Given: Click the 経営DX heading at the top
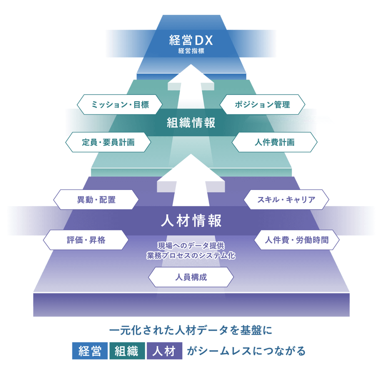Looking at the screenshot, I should click(191, 40).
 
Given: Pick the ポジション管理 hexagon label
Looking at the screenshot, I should click(262, 104).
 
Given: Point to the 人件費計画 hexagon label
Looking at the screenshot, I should click(275, 142).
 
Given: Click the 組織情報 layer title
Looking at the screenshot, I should click(191, 123).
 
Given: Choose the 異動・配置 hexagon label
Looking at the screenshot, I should click(96, 200).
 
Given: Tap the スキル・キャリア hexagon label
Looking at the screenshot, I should click(286, 200).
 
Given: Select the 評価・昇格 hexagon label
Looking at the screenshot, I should click(86, 240).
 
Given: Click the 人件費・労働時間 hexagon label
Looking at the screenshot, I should click(297, 240).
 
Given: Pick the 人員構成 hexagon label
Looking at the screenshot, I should click(191, 277).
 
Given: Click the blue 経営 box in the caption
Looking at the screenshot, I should click(90, 351).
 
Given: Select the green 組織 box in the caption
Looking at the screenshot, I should click(127, 351).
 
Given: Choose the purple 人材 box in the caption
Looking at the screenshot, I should click(164, 351).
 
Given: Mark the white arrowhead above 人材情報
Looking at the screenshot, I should click(191, 171).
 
